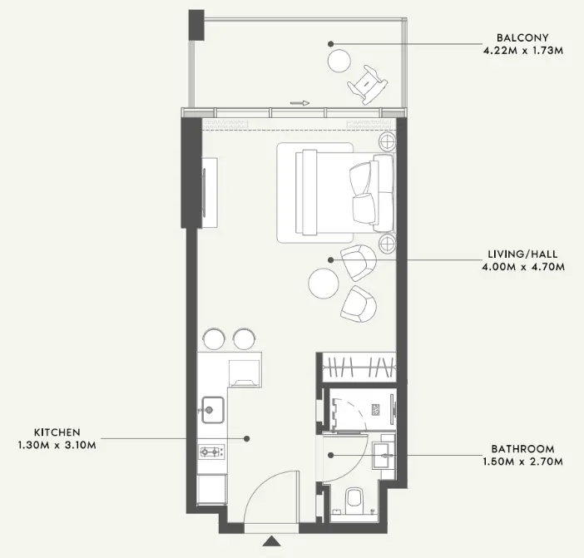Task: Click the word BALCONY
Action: [x=522, y=37]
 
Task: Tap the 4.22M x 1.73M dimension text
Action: [x=523, y=50]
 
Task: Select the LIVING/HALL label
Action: [x=523, y=254]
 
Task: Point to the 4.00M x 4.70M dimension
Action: [x=523, y=267]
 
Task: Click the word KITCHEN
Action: [x=57, y=432]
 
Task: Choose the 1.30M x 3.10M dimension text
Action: [x=57, y=445]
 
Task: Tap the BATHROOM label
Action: [x=523, y=448]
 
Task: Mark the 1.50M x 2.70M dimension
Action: [x=523, y=462]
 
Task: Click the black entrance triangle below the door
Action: [x=271, y=541]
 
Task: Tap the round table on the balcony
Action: [x=339, y=61]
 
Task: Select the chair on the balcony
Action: [x=368, y=85]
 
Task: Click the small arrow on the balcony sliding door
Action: [x=299, y=103]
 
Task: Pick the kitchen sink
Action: [x=213, y=410]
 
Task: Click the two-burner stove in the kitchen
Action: [x=212, y=452]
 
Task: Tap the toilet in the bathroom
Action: [x=354, y=501]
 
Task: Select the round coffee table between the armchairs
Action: [x=324, y=284]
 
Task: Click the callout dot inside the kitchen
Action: [x=246, y=438]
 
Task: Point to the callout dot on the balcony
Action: [x=330, y=44]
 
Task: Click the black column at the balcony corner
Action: [x=196, y=25]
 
